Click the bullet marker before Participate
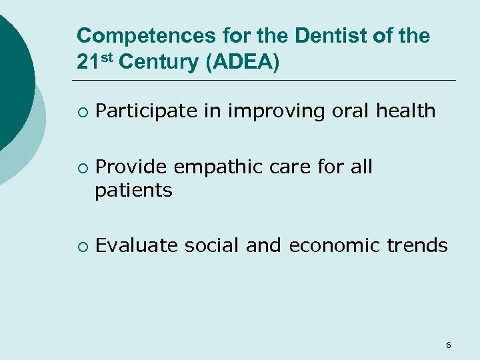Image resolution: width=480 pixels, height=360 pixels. (x=81, y=112)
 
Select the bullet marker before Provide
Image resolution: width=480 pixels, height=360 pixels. (x=81, y=167)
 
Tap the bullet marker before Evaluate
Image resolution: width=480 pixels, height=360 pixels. (x=81, y=247)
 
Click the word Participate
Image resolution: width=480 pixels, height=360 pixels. (x=147, y=111)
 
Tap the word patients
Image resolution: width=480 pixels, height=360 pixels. (x=133, y=191)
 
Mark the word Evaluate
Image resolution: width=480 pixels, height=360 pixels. (x=137, y=246)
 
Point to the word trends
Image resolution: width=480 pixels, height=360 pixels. (x=417, y=246)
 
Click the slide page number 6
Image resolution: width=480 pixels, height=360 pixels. (x=448, y=345)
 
